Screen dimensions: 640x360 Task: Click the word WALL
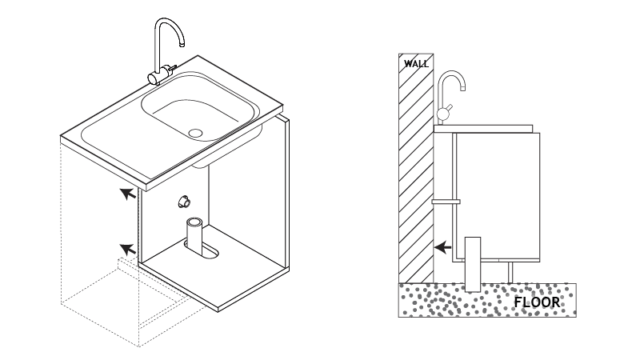click(416, 64)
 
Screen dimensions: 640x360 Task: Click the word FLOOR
click(537, 302)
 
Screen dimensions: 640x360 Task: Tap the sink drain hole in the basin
click(195, 133)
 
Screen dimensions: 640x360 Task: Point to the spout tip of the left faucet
click(182, 44)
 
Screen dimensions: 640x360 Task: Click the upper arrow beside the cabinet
click(128, 194)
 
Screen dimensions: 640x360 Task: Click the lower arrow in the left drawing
click(128, 249)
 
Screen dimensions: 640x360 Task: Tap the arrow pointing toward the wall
click(443, 247)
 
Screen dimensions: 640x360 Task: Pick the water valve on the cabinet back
click(184, 202)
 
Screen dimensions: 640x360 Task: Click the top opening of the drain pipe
click(194, 222)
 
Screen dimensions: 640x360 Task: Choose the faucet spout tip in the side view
click(463, 88)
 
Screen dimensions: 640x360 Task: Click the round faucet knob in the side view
click(442, 114)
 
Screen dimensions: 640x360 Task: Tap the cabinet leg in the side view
click(510, 272)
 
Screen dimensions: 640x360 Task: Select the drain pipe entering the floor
click(473, 264)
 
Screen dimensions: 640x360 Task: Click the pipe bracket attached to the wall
click(446, 202)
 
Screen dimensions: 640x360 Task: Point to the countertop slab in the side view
click(483, 129)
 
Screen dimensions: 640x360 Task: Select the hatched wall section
click(416, 168)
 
